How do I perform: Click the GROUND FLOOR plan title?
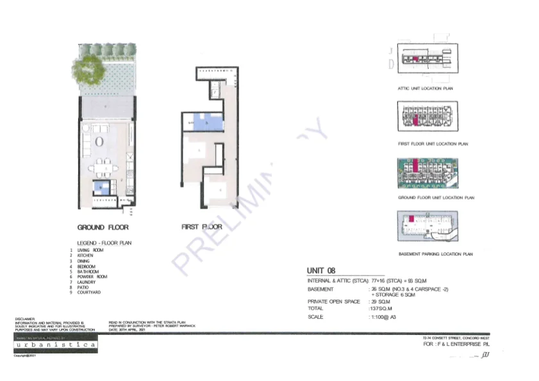(x=103, y=227)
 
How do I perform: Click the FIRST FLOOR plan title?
(x=201, y=227)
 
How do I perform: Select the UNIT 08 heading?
(x=322, y=271)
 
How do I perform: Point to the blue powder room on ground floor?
(x=101, y=188)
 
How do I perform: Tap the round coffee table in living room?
(x=100, y=141)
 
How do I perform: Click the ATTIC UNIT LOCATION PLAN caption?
(x=425, y=88)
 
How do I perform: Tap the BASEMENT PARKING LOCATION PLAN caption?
(x=435, y=254)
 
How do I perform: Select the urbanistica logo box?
(x=56, y=345)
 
